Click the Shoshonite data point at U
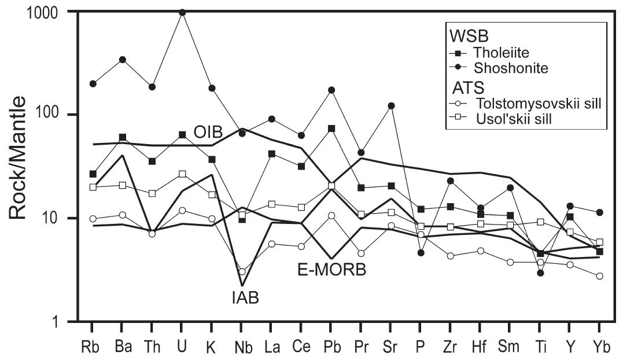[x=182, y=12]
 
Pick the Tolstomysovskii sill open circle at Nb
[x=242, y=271]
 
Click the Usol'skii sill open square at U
[x=182, y=174]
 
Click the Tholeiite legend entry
[x=492, y=53]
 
